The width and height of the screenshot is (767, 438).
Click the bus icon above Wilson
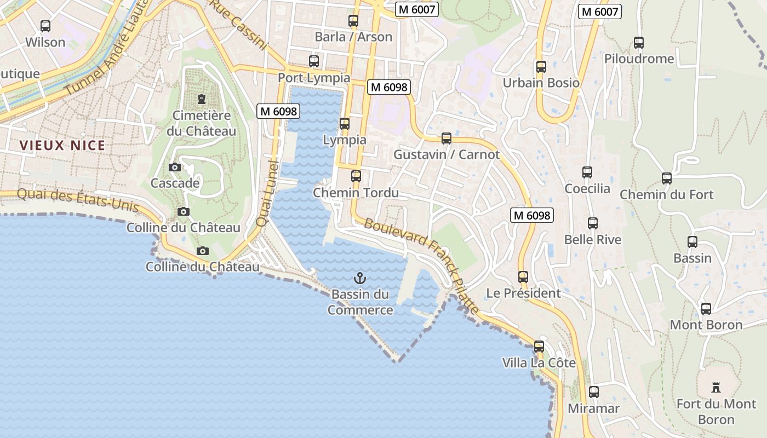(x=45, y=26)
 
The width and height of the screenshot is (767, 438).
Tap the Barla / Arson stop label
(x=353, y=37)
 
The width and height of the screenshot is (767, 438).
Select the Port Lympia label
(x=314, y=78)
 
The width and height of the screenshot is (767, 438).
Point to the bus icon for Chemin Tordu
(x=356, y=176)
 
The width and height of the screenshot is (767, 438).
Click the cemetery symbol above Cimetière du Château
(x=202, y=99)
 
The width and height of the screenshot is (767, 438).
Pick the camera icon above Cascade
(x=175, y=167)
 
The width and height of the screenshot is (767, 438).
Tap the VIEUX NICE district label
(x=62, y=146)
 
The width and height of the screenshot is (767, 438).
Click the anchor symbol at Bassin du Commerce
(x=360, y=278)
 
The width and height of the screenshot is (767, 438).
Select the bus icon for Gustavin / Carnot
(x=447, y=139)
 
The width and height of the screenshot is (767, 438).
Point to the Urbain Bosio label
(x=541, y=83)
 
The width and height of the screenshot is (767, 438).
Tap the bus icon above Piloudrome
(x=639, y=42)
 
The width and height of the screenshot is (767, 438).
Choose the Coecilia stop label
(x=587, y=189)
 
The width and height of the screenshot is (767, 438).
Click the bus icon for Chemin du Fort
(x=667, y=178)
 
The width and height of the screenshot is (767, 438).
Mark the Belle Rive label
(x=593, y=240)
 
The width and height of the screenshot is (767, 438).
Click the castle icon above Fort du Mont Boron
(x=716, y=388)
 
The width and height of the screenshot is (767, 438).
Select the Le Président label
(x=523, y=293)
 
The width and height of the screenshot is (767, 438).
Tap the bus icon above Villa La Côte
(x=539, y=347)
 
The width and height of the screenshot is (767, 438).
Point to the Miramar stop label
(x=594, y=408)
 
